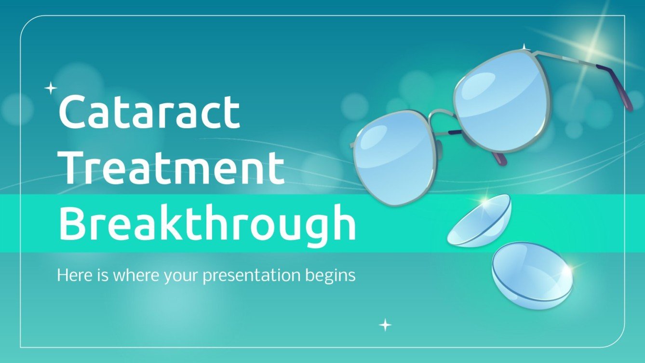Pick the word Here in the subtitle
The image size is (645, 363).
71,275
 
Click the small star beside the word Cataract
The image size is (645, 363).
51,88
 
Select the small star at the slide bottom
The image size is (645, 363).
385,325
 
